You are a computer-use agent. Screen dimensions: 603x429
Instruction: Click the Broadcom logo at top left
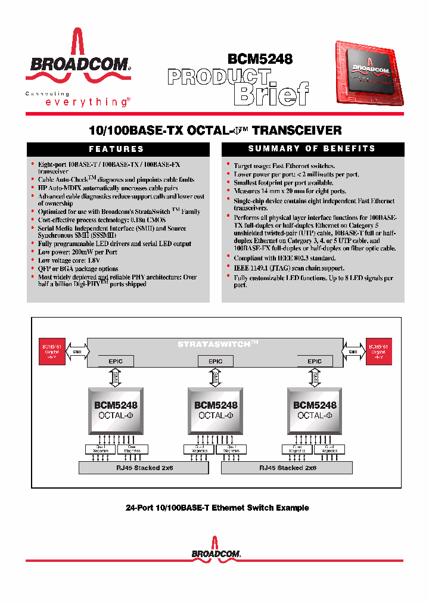[77, 63]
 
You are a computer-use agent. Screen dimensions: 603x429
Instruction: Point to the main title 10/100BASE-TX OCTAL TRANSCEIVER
[214, 130]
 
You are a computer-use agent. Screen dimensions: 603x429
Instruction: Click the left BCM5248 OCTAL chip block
[116, 411]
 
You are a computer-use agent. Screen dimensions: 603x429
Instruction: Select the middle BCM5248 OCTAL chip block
[215, 411]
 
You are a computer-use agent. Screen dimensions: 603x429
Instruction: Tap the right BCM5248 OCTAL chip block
[315, 411]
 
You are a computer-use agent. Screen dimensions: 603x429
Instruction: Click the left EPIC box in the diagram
[116, 361]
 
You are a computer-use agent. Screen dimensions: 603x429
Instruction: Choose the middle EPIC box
[215, 361]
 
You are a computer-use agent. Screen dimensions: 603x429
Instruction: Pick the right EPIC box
[315, 361]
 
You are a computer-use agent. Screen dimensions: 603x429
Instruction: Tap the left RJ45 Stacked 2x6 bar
[144, 468]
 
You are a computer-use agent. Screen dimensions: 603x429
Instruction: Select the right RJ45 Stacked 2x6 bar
[287, 468]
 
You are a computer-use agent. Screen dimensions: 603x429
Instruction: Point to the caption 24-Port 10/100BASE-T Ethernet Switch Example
[217, 508]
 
